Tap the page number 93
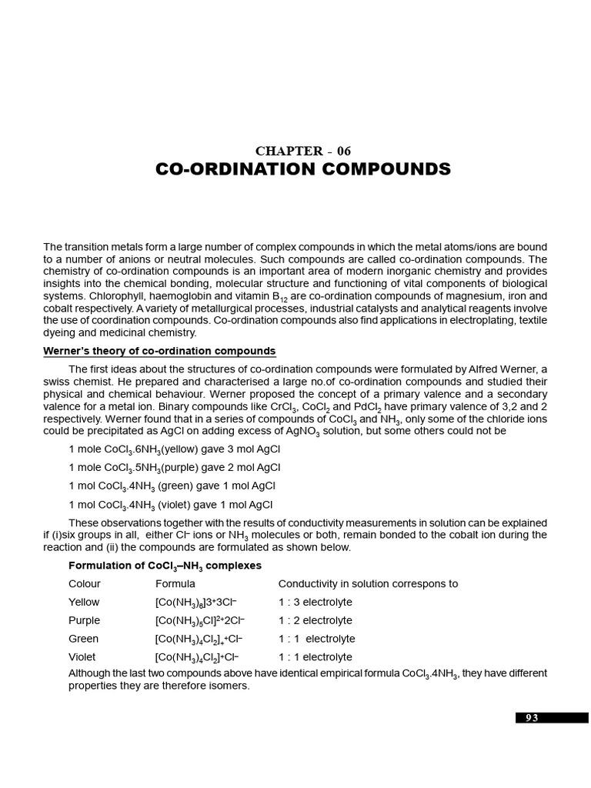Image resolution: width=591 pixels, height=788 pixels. (532, 718)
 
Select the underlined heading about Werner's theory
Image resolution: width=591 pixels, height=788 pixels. (159, 352)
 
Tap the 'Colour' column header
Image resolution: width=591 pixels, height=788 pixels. (85, 584)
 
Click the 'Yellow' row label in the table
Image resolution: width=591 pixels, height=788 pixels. (84, 603)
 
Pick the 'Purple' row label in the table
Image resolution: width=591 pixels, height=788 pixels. (84, 621)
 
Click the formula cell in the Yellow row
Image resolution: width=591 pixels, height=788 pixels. (196, 603)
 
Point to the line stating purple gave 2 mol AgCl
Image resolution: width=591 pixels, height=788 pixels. (175, 468)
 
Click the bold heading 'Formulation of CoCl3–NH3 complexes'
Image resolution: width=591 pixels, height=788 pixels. (165, 566)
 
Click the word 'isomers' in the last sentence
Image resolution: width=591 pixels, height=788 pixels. (230, 686)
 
